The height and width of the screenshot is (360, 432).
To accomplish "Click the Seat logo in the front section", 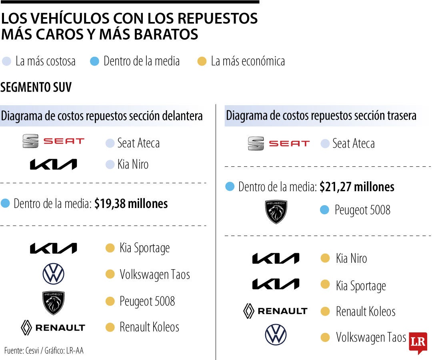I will (x=53, y=141).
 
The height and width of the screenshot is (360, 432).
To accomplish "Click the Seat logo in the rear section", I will (x=278, y=143).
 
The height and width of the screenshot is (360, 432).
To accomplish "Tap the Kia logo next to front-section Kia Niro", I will (x=53, y=164).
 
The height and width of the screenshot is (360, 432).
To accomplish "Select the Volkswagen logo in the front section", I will (x=53, y=274).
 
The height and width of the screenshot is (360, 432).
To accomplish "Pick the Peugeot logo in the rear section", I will (x=276, y=212).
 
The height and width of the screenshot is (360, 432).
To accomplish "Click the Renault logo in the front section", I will (x=53, y=328).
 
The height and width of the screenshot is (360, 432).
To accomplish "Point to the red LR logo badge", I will (x=418, y=342).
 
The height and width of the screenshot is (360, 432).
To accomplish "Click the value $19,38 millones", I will (x=131, y=204).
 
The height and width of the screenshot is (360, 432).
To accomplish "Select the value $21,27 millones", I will (x=357, y=187).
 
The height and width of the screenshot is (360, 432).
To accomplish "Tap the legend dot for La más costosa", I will (x=6, y=61).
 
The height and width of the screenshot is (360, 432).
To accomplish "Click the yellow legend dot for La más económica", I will (x=202, y=61).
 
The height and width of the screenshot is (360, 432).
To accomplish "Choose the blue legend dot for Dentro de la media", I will (x=94, y=61).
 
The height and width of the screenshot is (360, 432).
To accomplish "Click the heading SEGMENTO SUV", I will (x=36, y=87).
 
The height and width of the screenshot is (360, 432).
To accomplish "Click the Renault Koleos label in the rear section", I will (x=365, y=311).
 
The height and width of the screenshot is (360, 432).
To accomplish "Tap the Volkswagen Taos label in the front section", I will (x=154, y=274).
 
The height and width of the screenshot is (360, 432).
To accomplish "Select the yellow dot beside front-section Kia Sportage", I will (x=110, y=248).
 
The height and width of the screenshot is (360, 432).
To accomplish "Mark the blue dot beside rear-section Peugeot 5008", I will (x=324, y=210).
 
